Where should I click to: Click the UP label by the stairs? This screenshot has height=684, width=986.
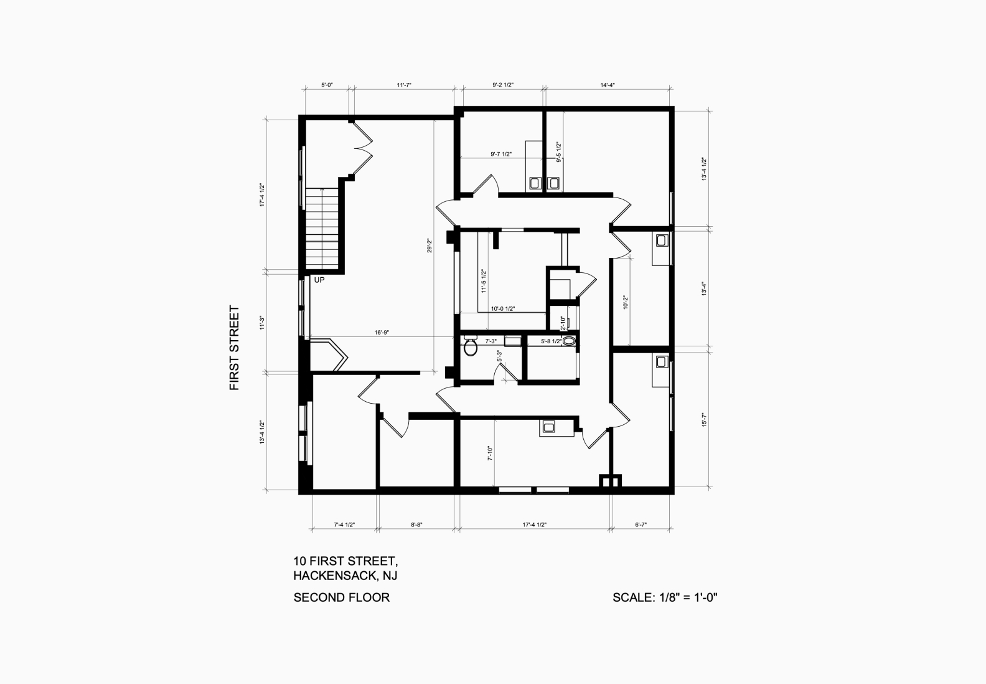[319, 280]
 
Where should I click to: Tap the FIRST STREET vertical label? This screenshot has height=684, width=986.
[235, 348]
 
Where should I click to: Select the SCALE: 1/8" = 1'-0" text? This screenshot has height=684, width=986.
[665, 597]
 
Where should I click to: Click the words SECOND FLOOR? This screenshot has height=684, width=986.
[342, 597]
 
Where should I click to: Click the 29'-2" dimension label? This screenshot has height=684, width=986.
[430, 245]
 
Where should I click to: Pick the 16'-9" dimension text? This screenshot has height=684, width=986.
[382, 333]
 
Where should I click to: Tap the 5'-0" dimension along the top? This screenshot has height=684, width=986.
[327, 85]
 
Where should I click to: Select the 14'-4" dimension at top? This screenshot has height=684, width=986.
[608, 85]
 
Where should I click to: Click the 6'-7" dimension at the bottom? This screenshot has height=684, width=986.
[641, 525]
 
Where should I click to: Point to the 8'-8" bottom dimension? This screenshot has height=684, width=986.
[416, 525]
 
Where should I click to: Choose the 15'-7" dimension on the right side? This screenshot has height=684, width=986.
[704, 420]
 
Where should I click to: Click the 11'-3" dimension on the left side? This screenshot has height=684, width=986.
[262, 323]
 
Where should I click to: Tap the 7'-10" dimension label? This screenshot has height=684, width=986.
[490, 454]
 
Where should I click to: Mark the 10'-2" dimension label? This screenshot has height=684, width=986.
[626, 303]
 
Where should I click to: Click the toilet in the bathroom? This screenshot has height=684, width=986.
[471, 346]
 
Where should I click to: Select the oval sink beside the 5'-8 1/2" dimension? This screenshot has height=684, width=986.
[569, 341]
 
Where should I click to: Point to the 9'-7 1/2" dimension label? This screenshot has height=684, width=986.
[501, 154]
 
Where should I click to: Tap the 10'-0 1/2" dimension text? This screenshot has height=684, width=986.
[503, 309]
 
